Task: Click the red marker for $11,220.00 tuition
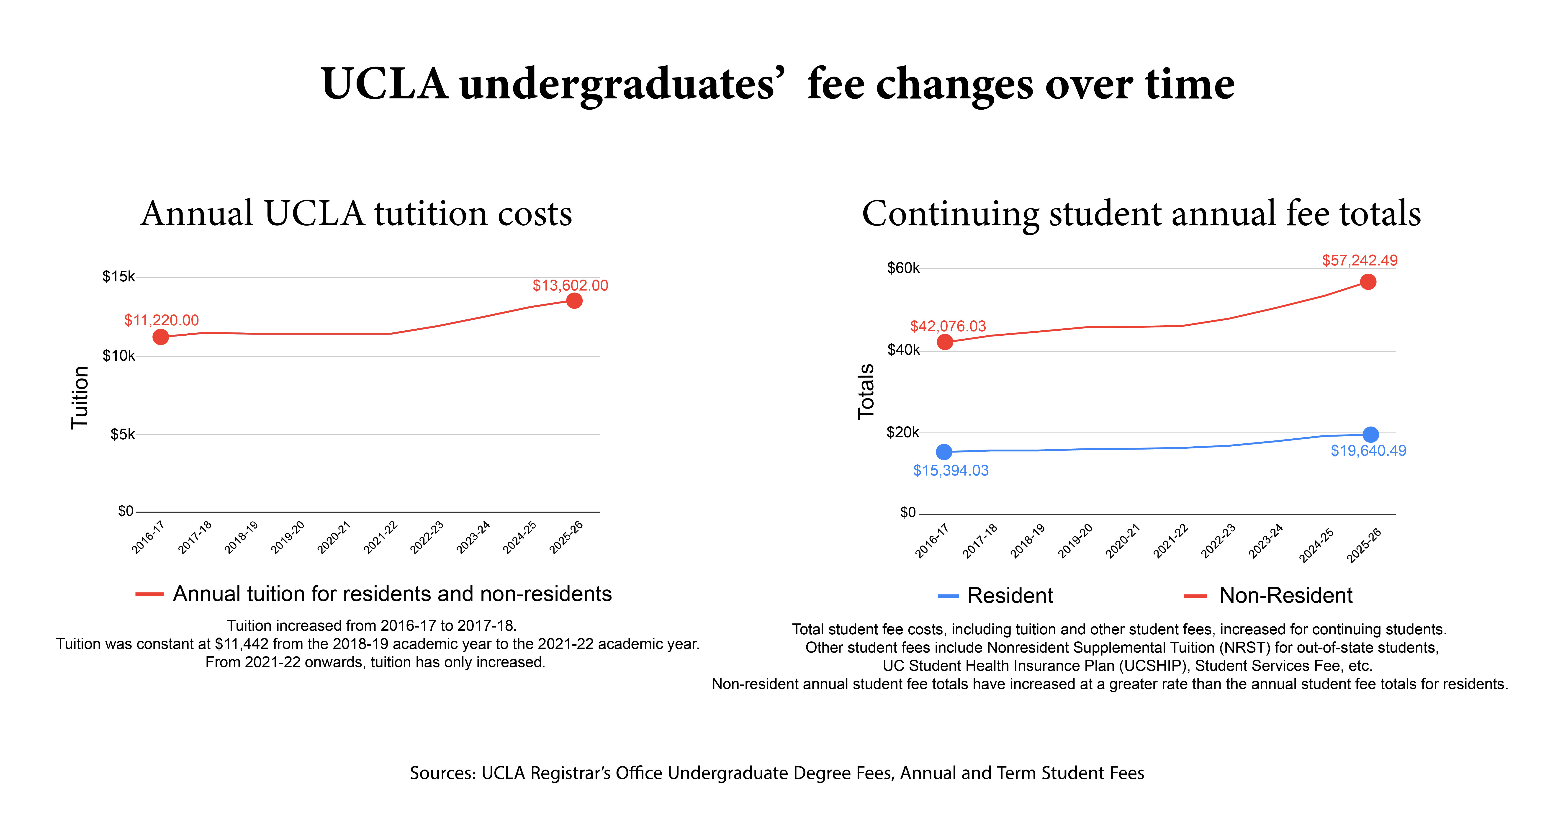tap(160, 337)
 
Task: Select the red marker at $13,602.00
tap(574, 301)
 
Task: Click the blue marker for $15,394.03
tap(944, 452)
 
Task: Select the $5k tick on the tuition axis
tap(123, 434)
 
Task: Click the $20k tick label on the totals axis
tap(903, 432)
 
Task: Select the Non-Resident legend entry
tap(1286, 595)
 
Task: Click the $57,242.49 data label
tap(1360, 260)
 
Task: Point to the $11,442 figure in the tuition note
tap(242, 644)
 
